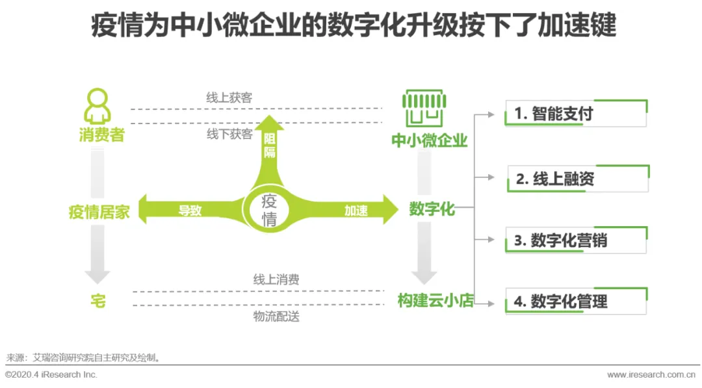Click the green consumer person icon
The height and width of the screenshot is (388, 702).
(97, 106)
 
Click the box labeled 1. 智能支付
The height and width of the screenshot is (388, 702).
(575, 114)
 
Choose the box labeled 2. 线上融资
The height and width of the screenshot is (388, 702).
(577, 179)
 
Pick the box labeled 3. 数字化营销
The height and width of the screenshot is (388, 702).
(575, 240)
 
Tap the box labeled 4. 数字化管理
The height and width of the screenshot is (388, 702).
(575, 302)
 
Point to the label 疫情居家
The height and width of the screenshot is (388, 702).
(99, 212)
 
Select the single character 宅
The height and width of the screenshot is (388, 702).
(97, 301)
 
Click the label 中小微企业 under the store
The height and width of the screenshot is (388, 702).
(429, 140)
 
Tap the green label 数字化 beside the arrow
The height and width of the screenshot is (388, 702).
(432, 209)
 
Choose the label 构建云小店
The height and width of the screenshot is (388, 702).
(435, 301)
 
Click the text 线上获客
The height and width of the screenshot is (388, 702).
(229, 98)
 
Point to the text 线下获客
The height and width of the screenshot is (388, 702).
(229, 134)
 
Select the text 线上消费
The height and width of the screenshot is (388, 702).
(276, 280)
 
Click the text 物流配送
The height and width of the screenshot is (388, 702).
(276, 317)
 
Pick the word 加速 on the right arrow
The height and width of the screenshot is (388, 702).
(356, 211)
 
